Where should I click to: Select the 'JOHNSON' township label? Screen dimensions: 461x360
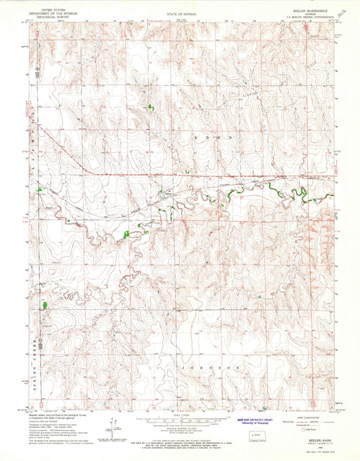pyautogui.click(x=217, y=367)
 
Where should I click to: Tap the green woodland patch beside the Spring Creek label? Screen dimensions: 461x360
pyautogui.click(x=45, y=305)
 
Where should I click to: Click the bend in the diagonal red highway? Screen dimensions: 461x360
pyautogui.click(x=82, y=167)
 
